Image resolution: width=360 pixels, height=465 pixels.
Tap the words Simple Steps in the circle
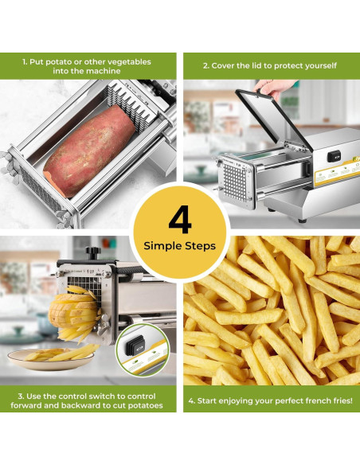[x=179, y=246]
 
